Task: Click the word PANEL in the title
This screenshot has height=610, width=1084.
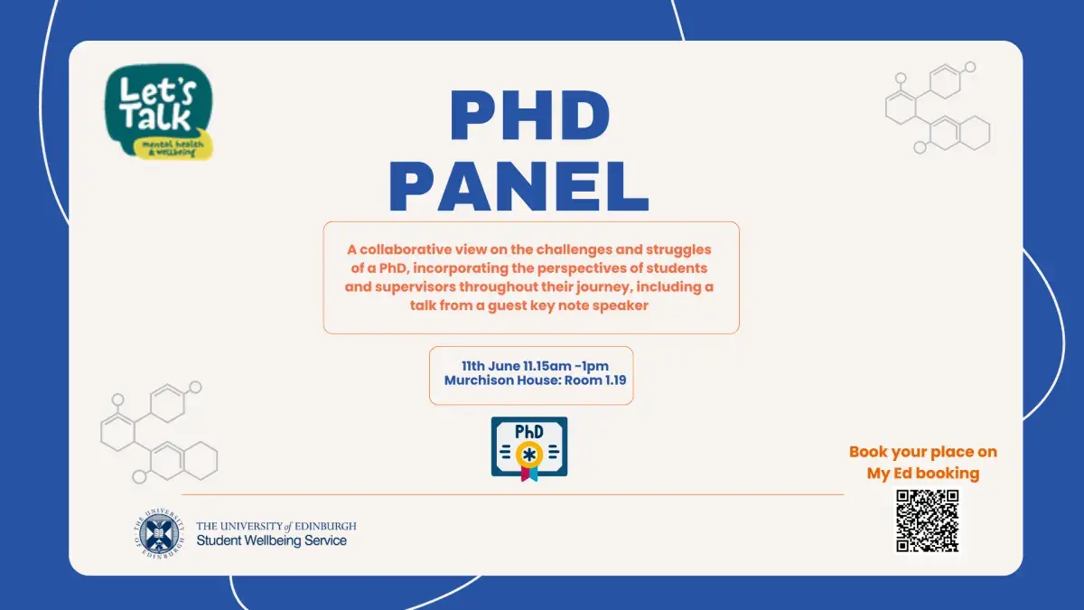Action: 519,186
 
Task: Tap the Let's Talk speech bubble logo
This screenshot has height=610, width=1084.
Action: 159,112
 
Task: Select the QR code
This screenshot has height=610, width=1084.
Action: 927,521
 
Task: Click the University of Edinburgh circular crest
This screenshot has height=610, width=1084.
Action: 159,533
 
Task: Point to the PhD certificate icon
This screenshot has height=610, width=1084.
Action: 529,449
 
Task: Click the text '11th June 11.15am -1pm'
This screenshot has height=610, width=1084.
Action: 535,366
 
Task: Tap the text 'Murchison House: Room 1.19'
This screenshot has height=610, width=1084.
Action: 535,380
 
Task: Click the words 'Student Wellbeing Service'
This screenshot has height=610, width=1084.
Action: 272,540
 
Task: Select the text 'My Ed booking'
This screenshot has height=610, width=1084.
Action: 923,473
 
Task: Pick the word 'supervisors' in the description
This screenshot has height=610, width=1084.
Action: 416,287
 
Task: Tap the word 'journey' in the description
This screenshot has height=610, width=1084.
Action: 604,287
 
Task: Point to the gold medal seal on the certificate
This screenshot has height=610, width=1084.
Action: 529,454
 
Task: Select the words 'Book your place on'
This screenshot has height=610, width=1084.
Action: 923,452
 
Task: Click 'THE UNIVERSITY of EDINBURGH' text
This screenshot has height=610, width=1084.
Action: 276,526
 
